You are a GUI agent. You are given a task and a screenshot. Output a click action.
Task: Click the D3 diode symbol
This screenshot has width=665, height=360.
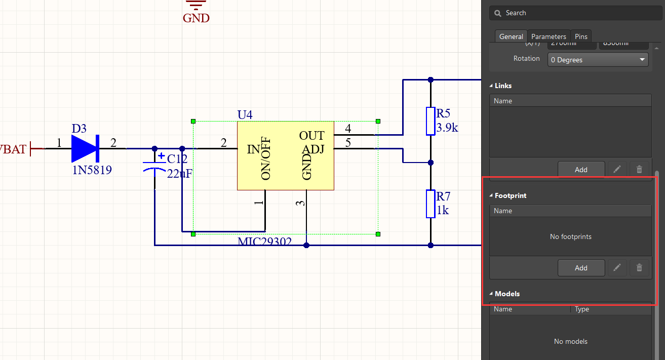click(85, 148)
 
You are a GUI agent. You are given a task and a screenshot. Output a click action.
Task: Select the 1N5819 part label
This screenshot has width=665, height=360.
click(92, 170)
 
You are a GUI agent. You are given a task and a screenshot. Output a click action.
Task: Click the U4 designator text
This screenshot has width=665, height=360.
click(245, 115)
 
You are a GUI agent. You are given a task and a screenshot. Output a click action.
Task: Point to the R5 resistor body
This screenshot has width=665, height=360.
click(431, 121)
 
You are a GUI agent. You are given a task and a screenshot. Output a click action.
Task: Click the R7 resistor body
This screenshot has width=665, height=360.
click(431, 204)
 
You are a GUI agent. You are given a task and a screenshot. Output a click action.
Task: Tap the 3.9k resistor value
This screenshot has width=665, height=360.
click(447, 128)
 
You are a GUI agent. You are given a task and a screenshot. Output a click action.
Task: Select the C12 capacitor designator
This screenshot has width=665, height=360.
click(177, 159)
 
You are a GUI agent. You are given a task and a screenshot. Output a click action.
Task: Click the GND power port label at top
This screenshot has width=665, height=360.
click(196, 18)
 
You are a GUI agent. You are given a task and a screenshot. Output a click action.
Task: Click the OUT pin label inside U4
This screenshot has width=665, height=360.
click(311, 136)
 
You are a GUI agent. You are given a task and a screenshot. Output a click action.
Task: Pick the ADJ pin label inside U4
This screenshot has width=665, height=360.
click(312, 149)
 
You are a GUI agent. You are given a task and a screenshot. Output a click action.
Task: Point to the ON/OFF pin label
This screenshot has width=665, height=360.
click(266, 159)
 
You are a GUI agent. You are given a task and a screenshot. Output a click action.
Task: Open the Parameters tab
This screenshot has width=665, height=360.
click(549, 36)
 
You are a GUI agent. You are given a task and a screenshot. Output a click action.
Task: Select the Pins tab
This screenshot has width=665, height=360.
click(581, 36)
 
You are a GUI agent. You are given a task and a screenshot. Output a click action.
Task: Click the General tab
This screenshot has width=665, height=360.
click(511, 36)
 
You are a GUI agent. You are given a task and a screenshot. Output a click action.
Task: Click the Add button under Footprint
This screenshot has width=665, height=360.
click(581, 268)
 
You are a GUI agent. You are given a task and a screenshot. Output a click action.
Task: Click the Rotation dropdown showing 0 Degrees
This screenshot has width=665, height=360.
click(598, 60)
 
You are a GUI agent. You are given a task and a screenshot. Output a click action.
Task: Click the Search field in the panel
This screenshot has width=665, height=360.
click(570, 13)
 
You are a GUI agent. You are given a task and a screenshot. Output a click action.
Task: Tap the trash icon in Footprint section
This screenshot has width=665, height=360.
click(639, 268)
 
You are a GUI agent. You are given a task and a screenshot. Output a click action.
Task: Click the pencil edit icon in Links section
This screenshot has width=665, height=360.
click(616, 170)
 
